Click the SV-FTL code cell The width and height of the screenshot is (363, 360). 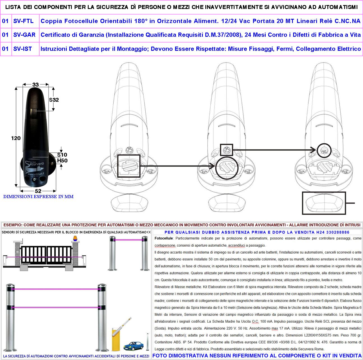pyautogui.click(x=24, y=21)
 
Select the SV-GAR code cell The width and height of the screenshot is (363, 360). pyautogui.click(x=24, y=35)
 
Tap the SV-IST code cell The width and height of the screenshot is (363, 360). pyautogui.click(x=22, y=49)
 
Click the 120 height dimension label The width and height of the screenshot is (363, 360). pyautogui.click(x=16, y=138)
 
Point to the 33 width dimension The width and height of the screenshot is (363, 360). pyautogui.click(x=36, y=84)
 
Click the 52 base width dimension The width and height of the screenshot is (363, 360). pyautogui.click(x=38, y=191)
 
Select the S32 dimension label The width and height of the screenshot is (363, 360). pyautogui.click(x=54, y=100)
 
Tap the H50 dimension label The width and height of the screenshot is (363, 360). pyautogui.click(x=62, y=161)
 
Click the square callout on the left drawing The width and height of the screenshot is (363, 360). pyautogui.click(x=128, y=166)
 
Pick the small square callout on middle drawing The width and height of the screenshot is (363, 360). pyautogui.click(x=226, y=150)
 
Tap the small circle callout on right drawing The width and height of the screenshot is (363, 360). pyautogui.click(x=324, y=150)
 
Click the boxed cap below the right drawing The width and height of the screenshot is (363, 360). pyautogui.click(x=324, y=203)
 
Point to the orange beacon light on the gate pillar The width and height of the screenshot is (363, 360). pyautogui.click(x=75, y=238)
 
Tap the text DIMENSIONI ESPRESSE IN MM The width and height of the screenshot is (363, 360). pyautogui.click(x=38, y=197)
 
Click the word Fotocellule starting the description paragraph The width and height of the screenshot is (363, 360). pyautogui.click(x=164, y=239)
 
